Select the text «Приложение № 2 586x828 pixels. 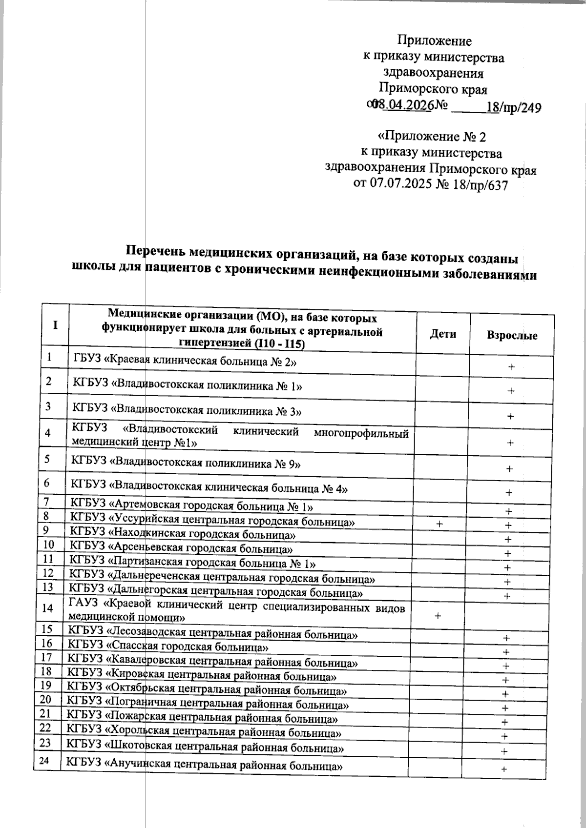[x=432, y=136]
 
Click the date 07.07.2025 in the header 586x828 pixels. [x=398, y=185]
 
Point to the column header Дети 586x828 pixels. [x=443, y=334]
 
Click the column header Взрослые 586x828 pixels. [x=512, y=336]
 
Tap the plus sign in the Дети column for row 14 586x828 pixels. [x=438, y=616]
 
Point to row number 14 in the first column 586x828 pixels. [x=48, y=608]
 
